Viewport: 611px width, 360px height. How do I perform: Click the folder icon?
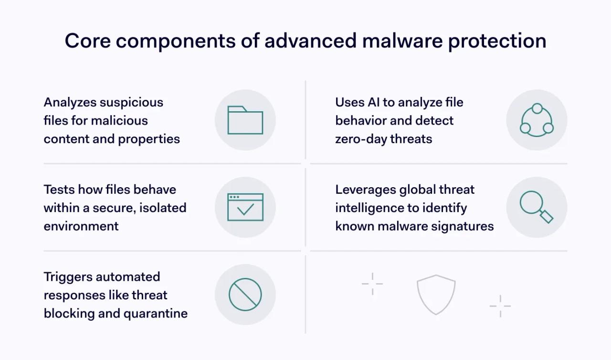[x=245, y=120]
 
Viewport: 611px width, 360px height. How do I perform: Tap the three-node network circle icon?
[x=537, y=120]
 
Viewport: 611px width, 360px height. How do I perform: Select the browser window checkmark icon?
[x=245, y=207]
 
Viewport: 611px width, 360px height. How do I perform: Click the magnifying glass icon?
[x=536, y=207]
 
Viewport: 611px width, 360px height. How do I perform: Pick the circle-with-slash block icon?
[x=245, y=295]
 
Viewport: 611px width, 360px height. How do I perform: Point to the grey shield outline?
[x=436, y=294]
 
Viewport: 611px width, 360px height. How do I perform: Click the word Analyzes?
[x=73, y=102]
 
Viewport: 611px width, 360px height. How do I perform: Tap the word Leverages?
[x=366, y=190]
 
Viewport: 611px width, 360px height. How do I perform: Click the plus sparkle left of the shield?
[x=372, y=284]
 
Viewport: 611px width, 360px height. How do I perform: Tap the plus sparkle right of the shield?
[x=500, y=306]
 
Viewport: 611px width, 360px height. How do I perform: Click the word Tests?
[x=59, y=190]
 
